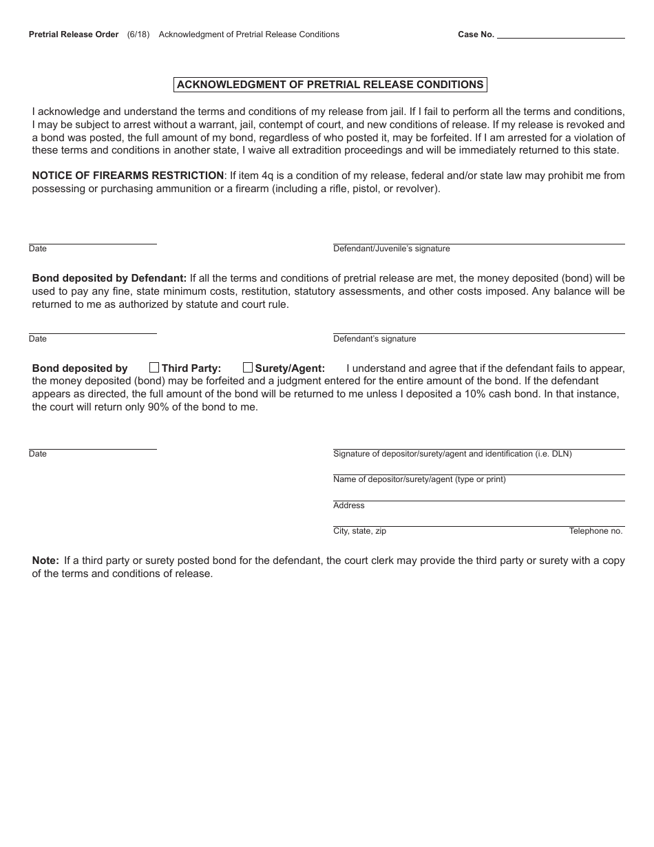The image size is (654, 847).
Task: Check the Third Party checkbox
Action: tap(154, 368)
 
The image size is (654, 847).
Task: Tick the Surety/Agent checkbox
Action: tap(248, 368)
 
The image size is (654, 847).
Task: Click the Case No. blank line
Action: tap(560, 35)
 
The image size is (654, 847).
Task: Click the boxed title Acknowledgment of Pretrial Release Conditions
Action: tap(330, 85)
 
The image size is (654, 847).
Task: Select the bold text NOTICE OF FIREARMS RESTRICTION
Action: tap(128, 176)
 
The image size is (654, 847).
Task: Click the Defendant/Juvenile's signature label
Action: tap(391, 249)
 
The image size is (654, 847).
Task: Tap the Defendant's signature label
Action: tap(375, 339)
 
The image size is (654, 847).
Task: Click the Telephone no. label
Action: tap(595, 531)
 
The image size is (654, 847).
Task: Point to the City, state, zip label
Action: tap(359, 531)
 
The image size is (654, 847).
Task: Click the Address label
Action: tap(348, 505)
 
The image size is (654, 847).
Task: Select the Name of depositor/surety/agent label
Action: tap(419, 479)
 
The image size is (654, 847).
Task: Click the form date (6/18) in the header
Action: tap(138, 34)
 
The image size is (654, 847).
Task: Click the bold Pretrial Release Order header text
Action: tap(74, 34)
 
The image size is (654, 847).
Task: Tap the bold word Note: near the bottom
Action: tap(45, 561)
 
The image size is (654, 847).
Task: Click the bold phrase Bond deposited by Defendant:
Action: tap(109, 278)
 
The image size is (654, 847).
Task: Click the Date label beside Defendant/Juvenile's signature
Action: tap(38, 249)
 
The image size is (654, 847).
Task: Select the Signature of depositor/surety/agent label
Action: tap(452, 454)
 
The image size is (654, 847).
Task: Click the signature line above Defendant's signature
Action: tap(478, 333)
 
